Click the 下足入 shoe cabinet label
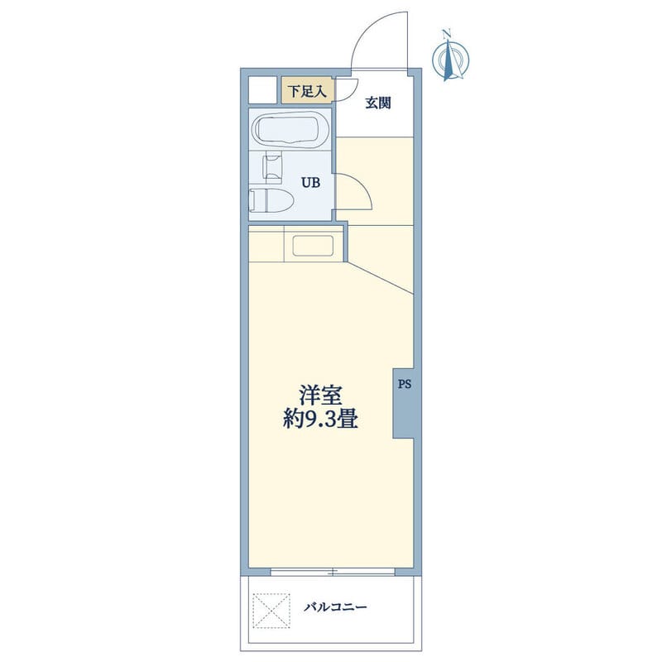click(307, 91)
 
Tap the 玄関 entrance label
click(378, 103)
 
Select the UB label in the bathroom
click(310, 183)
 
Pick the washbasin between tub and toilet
click(272, 169)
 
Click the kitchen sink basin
click(313, 246)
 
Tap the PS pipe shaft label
click(405, 384)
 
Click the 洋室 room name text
click(320, 396)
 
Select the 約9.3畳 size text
click(320, 420)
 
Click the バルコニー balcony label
click(336, 607)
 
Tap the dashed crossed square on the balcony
click(271, 611)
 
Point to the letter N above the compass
click(447, 33)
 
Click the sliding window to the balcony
click(333, 573)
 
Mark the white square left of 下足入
click(262, 89)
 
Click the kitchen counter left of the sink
click(266, 244)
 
